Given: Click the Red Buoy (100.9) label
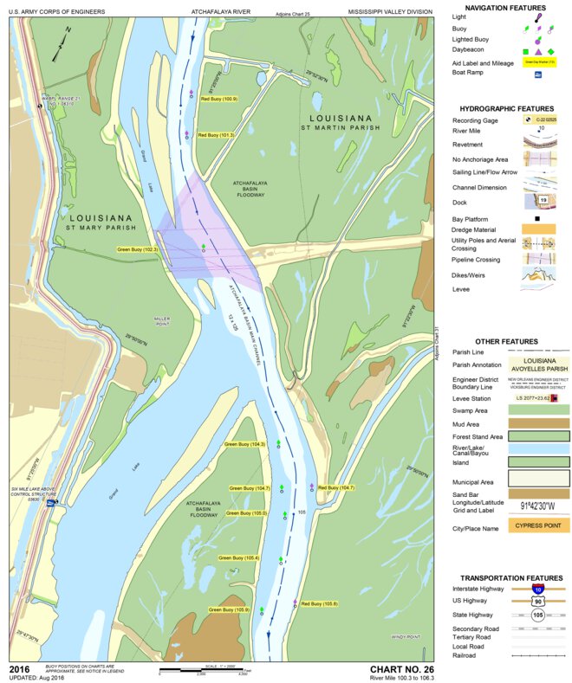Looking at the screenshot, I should [x=218, y=100].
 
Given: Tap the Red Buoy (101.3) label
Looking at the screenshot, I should [x=217, y=136].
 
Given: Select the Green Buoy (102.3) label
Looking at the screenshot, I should [x=138, y=249].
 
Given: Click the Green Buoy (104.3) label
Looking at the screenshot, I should [x=244, y=444].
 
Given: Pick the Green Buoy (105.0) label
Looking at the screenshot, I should [x=247, y=513].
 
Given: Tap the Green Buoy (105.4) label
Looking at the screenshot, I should [x=239, y=558].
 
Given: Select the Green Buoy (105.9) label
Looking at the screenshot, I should [x=230, y=610].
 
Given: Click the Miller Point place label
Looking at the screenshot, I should [x=162, y=322].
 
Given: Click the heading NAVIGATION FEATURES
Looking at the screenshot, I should [x=504, y=8].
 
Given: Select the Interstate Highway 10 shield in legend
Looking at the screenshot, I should [x=538, y=588].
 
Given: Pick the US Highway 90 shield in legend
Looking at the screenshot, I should [x=538, y=601].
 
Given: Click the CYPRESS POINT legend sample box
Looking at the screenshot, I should [x=538, y=527].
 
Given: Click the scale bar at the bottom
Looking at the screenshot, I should [x=205, y=671].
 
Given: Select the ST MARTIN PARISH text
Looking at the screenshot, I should [x=341, y=128].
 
